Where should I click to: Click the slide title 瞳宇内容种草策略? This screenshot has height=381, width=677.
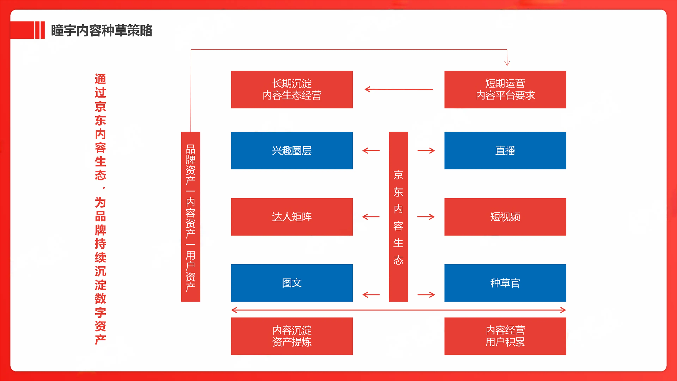(x=101, y=31)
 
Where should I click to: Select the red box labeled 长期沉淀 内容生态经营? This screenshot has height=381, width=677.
(x=292, y=89)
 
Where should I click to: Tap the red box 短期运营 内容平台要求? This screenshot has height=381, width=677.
(x=505, y=89)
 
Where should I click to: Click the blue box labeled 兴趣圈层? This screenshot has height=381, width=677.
(x=292, y=151)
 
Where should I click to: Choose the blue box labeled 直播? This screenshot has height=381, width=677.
(x=505, y=151)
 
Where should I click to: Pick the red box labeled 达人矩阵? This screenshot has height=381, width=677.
(x=292, y=217)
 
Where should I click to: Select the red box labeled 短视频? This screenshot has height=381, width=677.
(x=505, y=217)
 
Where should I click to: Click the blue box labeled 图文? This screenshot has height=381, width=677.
(x=292, y=283)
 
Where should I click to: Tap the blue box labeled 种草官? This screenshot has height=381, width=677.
(x=505, y=283)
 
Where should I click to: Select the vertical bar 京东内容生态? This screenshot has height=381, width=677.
(x=398, y=217)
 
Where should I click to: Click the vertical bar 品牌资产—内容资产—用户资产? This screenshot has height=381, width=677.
(x=191, y=217)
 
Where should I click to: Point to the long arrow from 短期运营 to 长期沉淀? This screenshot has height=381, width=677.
(x=399, y=89)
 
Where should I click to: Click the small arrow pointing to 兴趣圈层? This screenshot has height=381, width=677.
(x=371, y=151)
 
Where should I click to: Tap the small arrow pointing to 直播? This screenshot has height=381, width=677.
(x=426, y=151)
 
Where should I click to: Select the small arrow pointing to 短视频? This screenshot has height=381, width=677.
(x=426, y=217)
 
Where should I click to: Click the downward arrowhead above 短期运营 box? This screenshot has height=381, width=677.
(x=507, y=63)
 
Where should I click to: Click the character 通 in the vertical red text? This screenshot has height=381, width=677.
(x=100, y=79)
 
